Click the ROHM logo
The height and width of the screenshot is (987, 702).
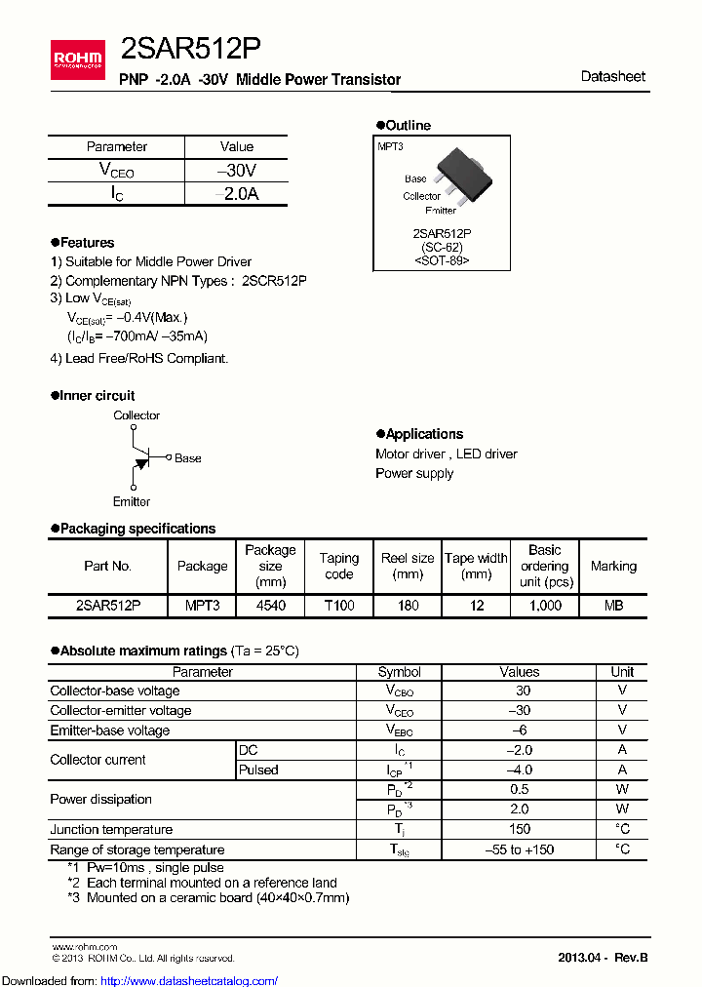(x=76, y=61)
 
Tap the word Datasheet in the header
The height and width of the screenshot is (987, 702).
(x=612, y=76)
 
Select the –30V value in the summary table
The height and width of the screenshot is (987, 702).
(x=237, y=170)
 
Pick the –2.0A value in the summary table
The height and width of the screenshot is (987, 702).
(x=237, y=193)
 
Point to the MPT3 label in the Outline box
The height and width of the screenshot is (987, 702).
(x=390, y=145)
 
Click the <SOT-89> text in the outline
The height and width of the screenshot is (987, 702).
(x=441, y=260)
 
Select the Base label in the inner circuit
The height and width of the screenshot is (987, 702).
(x=187, y=458)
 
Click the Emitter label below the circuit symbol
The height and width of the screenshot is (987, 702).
(x=131, y=501)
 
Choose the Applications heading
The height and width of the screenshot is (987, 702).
(x=423, y=434)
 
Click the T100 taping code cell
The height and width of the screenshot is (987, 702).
(x=339, y=606)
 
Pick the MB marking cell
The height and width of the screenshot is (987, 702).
(x=613, y=606)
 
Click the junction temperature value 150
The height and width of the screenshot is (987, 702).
(x=519, y=829)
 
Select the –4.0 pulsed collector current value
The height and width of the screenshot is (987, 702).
(x=519, y=770)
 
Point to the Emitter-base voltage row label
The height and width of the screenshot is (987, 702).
(x=110, y=730)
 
